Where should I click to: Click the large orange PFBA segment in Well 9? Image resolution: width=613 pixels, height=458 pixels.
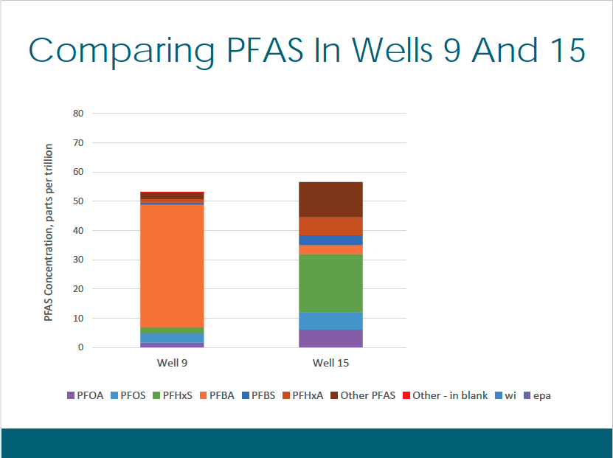[172, 266]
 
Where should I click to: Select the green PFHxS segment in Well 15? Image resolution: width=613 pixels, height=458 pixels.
[330, 283]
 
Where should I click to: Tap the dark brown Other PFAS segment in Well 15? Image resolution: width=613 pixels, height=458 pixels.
[330, 199]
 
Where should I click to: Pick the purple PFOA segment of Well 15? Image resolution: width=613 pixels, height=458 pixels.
[330, 339]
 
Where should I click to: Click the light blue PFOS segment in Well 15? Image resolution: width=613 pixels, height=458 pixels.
[330, 322]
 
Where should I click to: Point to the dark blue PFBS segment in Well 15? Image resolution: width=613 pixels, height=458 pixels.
[330, 240]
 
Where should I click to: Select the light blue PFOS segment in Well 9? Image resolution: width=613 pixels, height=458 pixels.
[172, 338]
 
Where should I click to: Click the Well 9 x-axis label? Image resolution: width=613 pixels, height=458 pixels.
[172, 363]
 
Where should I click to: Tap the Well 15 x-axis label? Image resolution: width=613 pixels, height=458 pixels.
[330, 363]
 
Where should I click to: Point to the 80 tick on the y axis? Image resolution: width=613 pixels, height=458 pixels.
[78, 114]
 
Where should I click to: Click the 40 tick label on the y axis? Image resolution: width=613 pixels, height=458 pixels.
[78, 231]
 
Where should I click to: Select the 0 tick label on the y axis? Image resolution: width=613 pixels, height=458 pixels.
[80, 347]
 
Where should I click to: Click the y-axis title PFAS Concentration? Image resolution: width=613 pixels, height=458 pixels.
[48, 232]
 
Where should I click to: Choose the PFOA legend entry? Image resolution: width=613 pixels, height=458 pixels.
[86, 395]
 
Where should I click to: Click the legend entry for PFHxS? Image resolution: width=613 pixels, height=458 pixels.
[173, 395]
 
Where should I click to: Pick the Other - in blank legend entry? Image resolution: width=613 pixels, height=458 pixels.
[446, 395]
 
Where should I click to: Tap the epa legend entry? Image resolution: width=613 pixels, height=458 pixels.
[537, 396]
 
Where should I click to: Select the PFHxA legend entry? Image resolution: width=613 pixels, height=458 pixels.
[303, 395]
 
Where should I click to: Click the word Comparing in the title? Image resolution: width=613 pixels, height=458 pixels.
[122, 52]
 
